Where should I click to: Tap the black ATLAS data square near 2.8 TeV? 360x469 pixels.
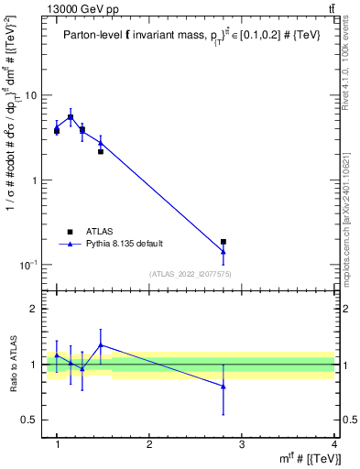click(x=224, y=242)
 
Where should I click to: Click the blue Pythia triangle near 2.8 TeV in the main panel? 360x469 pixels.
click(x=224, y=251)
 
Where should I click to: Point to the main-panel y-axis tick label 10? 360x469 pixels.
click(x=31, y=95)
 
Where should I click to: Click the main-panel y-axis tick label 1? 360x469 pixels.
click(x=35, y=180)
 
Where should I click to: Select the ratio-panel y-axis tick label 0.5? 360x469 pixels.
click(x=30, y=420)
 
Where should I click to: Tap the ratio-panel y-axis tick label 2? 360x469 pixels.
click(x=35, y=309)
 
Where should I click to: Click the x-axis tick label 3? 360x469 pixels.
click(x=241, y=443)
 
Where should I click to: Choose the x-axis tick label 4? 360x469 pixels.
click(x=333, y=443)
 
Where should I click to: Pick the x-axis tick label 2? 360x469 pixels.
click(x=149, y=443)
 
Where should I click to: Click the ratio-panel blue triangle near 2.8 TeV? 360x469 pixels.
click(x=224, y=387)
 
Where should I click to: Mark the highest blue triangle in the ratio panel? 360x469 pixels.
click(x=101, y=345)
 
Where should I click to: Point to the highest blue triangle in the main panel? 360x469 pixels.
click(x=71, y=116)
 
